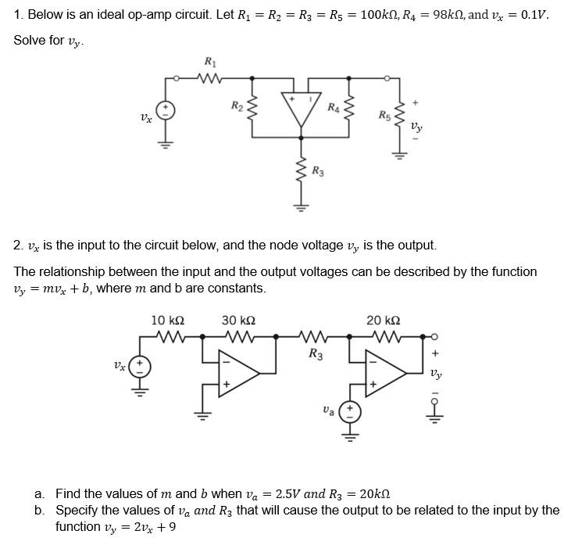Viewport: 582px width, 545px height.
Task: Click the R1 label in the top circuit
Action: click(x=209, y=62)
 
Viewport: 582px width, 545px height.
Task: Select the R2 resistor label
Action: click(x=237, y=105)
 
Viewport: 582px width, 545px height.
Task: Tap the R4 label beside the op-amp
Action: click(x=334, y=106)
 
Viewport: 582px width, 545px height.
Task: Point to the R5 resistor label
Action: click(x=384, y=116)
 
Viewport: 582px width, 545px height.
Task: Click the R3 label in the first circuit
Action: click(x=318, y=170)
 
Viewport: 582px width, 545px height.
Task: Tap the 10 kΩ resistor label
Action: click(x=167, y=321)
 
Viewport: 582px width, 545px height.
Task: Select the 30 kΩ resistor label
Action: click(x=239, y=321)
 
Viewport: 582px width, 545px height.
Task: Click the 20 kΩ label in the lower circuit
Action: click(x=384, y=321)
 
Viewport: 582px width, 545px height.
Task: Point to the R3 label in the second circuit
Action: click(x=315, y=353)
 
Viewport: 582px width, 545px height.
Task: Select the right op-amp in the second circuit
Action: click(x=387, y=374)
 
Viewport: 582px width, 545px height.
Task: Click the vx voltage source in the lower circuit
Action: click(x=140, y=367)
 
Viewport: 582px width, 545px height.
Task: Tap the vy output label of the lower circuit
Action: click(x=436, y=374)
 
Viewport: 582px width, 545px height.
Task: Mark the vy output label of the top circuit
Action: click(x=417, y=125)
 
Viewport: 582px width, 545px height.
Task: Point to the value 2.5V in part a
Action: click(x=285, y=493)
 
